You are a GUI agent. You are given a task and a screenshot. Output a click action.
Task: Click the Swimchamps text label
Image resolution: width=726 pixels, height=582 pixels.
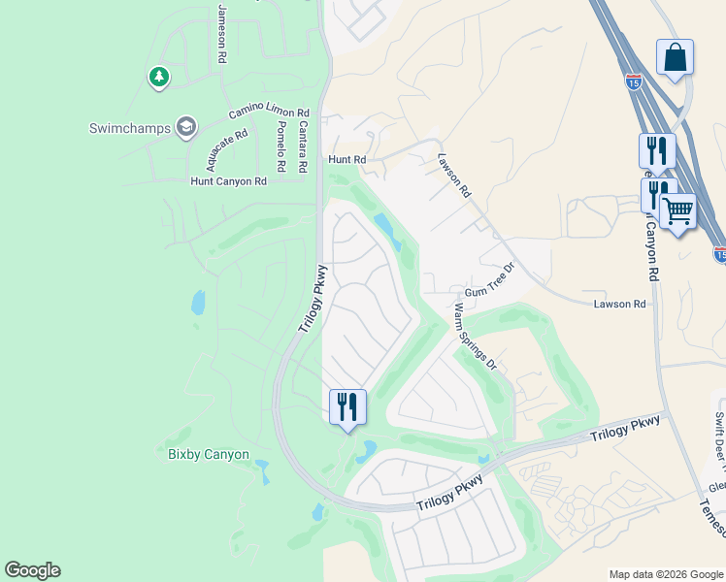coord(128,127)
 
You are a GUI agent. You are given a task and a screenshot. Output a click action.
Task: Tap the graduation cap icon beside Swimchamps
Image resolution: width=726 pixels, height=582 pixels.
coord(185,126)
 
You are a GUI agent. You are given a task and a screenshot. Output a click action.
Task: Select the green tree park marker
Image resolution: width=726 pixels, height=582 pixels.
coord(158,77)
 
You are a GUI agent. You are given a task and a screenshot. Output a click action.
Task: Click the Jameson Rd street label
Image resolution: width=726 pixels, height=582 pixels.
coord(222,33)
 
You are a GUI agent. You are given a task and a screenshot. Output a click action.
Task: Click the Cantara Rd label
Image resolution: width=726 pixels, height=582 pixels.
coord(304,146)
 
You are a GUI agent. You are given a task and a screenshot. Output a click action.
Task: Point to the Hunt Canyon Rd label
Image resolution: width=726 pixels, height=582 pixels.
coord(228,181)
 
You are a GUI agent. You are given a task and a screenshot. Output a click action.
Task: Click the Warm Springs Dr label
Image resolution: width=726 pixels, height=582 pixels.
coord(476,337)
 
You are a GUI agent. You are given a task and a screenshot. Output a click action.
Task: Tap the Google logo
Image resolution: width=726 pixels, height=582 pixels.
coord(32,570)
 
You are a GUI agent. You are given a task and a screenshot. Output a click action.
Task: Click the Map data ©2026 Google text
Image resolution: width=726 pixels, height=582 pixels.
coord(665,574)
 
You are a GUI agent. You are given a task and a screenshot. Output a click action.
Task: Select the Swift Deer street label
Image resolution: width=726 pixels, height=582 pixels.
coord(719,436)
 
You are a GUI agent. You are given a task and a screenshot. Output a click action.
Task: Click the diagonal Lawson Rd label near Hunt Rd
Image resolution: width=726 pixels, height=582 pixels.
coord(453,176)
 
